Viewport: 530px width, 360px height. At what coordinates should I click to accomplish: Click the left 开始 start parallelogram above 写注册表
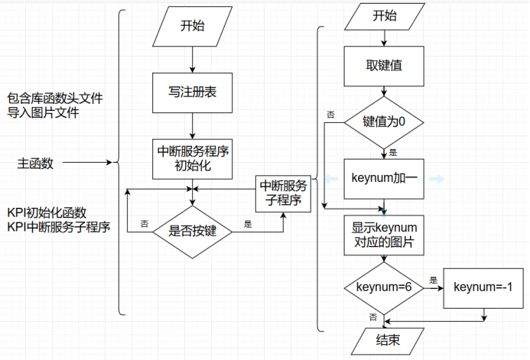(x=192, y=26)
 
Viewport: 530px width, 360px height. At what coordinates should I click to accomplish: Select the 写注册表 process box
(x=192, y=92)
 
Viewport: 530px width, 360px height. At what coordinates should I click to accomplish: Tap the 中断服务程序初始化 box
(x=192, y=159)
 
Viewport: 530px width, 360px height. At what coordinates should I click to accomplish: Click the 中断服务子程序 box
(x=284, y=193)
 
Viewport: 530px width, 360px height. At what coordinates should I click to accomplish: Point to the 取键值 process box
(x=385, y=65)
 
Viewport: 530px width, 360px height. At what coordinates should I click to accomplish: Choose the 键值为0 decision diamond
(x=384, y=122)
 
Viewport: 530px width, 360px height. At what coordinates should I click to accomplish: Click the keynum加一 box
(x=384, y=178)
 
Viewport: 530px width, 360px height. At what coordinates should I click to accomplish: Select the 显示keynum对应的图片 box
(x=384, y=235)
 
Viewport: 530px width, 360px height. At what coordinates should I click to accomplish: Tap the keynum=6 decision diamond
(x=384, y=288)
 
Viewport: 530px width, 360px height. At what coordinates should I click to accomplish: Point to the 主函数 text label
(x=35, y=163)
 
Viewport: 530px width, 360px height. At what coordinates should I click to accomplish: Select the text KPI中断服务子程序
(x=58, y=226)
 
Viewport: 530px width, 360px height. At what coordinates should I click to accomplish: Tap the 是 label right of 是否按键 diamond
(x=248, y=225)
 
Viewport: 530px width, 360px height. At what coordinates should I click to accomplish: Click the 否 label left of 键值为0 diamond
(x=330, y=114)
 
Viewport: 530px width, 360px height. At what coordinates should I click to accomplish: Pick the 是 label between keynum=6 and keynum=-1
(x=434, y=280)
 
